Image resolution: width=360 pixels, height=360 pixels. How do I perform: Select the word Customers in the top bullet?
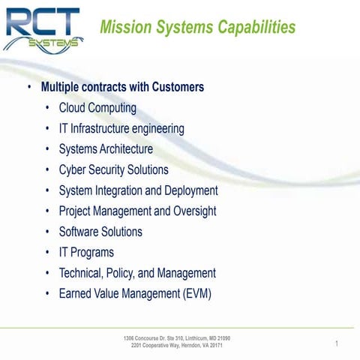pyautogui.click(x=178, y=88)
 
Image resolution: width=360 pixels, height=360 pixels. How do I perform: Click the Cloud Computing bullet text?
pyautogui.click(x=97, y=108)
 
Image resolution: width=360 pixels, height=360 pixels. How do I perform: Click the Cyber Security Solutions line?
pyautogui.click(x=113, y=170)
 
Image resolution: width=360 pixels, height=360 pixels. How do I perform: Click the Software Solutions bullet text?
pyautogui.click(x=100, y=232)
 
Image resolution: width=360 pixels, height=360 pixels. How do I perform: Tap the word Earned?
pyautogui.click(x=76, y=294)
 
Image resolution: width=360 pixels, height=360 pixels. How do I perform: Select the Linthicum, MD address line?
pyautogui.click(x=177, y=338)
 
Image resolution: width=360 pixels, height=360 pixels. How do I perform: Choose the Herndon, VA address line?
pyautogui.click(x=177, y=346)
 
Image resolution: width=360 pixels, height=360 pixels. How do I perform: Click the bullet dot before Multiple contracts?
pyautogui.click(x=29, y=88)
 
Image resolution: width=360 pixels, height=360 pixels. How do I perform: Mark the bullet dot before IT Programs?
pyautogui.click(x=49, y=253)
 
